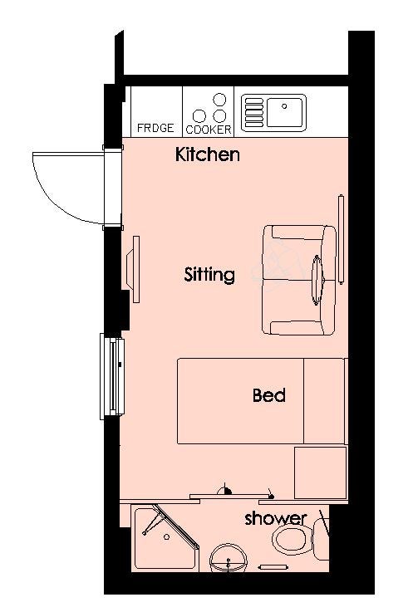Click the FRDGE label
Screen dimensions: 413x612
click(x=155, y=128)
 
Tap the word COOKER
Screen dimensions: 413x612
click(x=209, y=130)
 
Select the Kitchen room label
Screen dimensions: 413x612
click(x=207, y=154)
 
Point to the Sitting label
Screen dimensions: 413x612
click(x=209, y=275)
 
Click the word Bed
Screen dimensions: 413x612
click(x=269, y=395)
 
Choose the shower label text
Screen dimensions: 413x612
click(x=275, y=518)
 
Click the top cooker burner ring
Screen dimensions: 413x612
click(x=219, y=100)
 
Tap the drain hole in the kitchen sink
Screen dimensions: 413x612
click(x=284, y=105)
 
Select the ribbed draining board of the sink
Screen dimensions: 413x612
click(x=253, y=112)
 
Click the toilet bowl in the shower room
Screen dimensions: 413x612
click(x=293, y=541)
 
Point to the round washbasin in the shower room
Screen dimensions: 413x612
click(x=229, y=557)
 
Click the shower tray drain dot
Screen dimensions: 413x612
click(x=167, y=537)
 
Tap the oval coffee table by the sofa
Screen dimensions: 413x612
click(x=317, y=280)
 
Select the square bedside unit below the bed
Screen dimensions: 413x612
click(x=321, y=472)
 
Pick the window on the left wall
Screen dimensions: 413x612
click(x=112, y=376)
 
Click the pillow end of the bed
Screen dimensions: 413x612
click(x=324, y=401)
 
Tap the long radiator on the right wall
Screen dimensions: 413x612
click(x=341, y=239)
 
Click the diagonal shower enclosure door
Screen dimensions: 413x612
click(x=175, y=526)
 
